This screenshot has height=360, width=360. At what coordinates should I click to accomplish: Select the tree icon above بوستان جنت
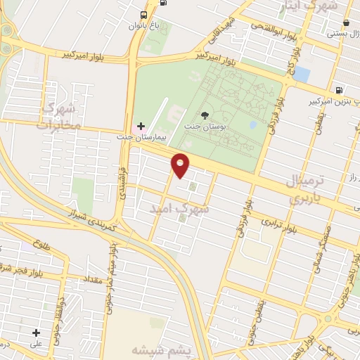coord(205,115)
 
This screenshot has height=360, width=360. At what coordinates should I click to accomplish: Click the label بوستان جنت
coord(205,127)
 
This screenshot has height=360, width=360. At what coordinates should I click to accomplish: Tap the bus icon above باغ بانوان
coord(144,15)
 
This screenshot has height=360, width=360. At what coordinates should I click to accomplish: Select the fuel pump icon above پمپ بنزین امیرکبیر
coord(340,90)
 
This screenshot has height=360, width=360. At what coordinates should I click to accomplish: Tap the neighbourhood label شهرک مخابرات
coord(61,117)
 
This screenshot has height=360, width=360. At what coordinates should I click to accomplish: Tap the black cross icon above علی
coord(36,333)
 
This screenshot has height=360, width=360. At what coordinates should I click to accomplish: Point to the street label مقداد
coord(94,279)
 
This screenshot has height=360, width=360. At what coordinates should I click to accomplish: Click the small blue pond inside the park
coord(252,125)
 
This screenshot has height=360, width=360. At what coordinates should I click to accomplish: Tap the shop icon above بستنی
coord(347,22)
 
